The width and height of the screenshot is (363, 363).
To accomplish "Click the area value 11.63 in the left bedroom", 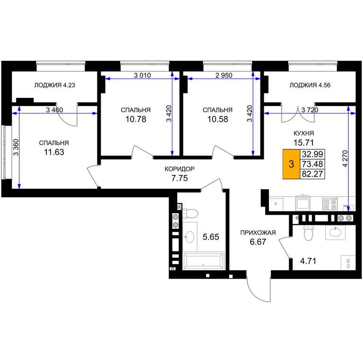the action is pos(54,152).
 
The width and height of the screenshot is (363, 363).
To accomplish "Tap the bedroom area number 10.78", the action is pos(136,119).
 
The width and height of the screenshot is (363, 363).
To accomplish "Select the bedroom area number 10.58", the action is pos(217,119).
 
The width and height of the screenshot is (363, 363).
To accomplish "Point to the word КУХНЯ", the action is pos(303,133).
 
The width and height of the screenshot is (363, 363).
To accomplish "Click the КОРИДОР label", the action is pos(180,169).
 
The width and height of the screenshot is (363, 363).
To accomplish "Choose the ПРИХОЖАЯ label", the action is pos(258,233).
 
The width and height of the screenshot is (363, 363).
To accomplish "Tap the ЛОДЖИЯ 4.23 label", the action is pos(55,85).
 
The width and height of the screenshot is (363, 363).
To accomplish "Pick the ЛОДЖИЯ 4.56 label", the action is pos(310,85).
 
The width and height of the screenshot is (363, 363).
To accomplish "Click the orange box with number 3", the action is pos(292,164).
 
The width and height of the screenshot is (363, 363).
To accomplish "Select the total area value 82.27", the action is pos(312,173).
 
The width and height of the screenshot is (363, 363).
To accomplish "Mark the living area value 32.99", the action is pos(312,154).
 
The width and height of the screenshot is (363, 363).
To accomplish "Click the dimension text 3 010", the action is pos(142,75).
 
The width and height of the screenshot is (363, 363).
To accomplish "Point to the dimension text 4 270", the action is pos(345,159).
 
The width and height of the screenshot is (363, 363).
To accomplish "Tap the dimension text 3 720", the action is pos(310,110).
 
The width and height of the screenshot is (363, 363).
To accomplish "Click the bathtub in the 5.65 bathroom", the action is pos(203,261).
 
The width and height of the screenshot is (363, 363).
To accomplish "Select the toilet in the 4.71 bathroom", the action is pos(308,233).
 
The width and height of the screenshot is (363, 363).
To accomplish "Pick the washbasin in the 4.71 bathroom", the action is pos(335,232).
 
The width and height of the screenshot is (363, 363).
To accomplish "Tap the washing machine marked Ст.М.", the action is pos(348,262).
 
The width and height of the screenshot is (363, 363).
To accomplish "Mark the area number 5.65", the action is pos(211,237).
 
